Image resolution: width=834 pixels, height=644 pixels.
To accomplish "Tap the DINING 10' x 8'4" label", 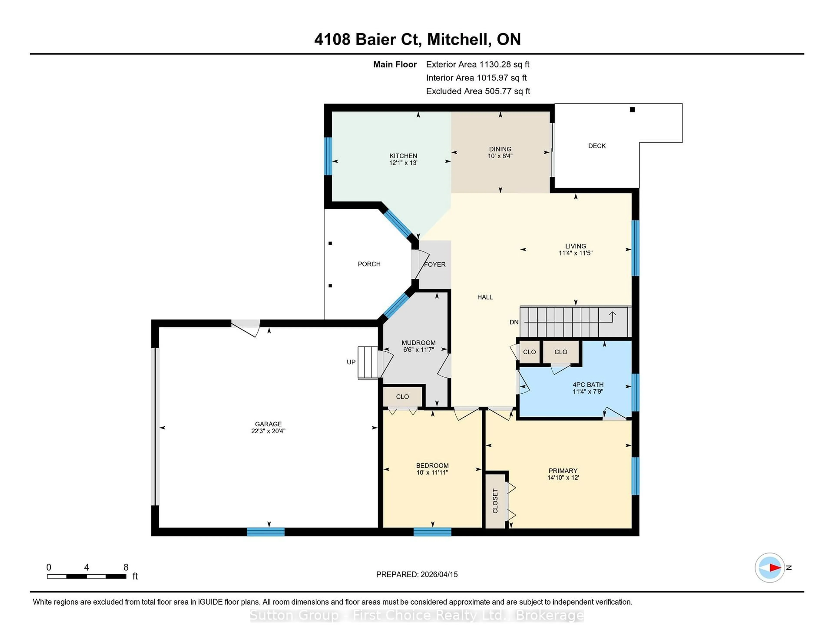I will click(500, 153).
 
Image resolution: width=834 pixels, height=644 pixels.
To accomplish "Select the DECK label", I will click(596, 146).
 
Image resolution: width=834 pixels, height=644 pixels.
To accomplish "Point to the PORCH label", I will click(369, 264).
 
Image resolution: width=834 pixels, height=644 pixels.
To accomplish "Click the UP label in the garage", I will click(351, 362).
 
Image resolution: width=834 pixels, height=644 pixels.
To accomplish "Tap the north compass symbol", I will click(769, 568).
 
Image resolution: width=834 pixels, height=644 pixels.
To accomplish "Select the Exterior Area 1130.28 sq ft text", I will click(477, 64).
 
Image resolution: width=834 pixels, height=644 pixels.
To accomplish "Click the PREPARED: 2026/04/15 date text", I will click(417, 575).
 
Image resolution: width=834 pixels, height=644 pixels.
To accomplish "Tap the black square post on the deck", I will click(632, 110).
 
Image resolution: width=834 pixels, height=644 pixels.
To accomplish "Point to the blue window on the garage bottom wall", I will click(265, 532).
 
